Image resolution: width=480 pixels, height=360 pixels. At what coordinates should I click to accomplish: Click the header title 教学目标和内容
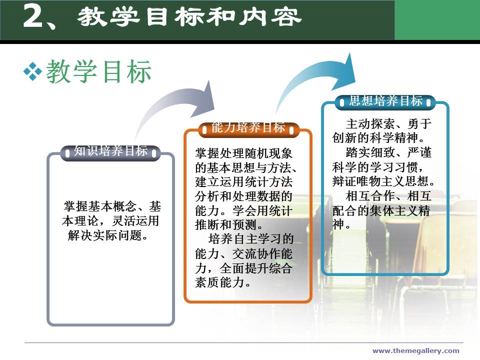[x=189, y=17]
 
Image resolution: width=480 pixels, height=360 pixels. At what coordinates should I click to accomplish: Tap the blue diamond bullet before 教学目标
[x=32, y=71]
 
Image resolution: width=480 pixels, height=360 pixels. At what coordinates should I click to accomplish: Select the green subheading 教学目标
[x=99, y=71]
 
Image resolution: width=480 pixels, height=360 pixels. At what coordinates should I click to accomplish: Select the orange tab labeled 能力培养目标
[x=248, y=128]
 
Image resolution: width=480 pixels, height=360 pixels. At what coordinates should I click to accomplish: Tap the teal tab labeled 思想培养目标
[x=385, y=101]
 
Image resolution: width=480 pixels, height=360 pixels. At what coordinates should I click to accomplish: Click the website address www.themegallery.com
[x=415, y=351]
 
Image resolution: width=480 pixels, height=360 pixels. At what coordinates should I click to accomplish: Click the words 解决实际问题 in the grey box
[x=104, y=235]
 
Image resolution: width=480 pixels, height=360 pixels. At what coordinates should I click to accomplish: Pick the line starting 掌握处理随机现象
[x=243, y=153]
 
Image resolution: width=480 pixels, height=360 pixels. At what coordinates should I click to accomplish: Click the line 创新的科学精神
[x=375, y=138]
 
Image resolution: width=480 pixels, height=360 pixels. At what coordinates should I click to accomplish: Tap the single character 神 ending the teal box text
[x=338, y=224]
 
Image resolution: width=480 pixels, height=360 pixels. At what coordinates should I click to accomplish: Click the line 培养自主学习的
[x=250, y=239]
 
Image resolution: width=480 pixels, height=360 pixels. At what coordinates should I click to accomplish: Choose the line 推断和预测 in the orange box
[x=225, y=224]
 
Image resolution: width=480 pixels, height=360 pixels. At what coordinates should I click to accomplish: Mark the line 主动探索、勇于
[x=388, y=124]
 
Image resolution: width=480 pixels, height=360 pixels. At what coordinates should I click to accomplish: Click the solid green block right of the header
[x=437, y=20]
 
